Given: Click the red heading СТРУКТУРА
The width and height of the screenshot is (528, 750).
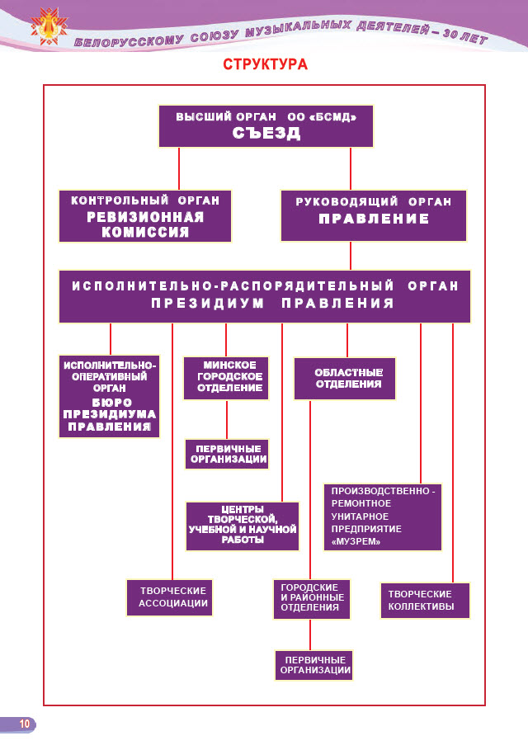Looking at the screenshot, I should click(x=265, y=64).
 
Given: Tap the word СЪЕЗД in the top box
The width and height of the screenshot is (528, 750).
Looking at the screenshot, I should click(x=266, y=134).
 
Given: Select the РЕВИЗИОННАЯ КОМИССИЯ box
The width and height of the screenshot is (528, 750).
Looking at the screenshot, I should click(x=145, y=215).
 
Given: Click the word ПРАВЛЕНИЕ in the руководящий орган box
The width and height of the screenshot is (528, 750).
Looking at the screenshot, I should click(x=374, y=219).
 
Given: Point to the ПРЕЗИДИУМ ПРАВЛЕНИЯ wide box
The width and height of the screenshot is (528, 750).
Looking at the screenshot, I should click(x=265, y=296).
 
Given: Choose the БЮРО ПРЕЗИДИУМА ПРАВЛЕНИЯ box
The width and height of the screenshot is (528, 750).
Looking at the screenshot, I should click(x=110, y=396).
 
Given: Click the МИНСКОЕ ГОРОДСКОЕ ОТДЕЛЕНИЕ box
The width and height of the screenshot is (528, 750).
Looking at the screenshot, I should click(x=227, y=377).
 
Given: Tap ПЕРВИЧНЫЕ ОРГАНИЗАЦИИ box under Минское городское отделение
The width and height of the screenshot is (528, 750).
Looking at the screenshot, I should click(x=228, y=455).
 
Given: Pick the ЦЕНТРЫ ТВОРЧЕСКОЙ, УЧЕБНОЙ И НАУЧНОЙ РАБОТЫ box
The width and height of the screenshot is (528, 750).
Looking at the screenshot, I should click(x=242, y=526).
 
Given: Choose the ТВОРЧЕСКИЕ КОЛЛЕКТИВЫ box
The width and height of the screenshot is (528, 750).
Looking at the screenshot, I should click(x=427, y=599).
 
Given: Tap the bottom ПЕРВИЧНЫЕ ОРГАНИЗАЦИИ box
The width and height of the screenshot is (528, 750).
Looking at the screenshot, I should click(x=313, y=665).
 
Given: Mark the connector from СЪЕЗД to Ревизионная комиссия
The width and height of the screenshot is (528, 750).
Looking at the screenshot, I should click(x=179, y=168).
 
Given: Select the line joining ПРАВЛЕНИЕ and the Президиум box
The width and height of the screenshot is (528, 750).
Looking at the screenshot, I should click(x=351, y=255).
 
